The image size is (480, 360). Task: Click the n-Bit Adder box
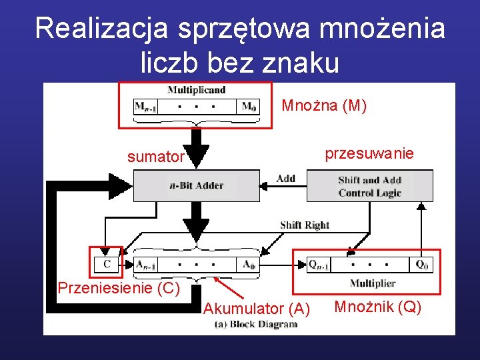(x=197, y=185)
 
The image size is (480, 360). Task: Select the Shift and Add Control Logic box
(x=369, y=186)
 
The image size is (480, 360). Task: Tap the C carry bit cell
(x=107, y=264)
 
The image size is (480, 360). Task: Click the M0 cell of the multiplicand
(x=248, y=107)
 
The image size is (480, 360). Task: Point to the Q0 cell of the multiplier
(x=421, y=264)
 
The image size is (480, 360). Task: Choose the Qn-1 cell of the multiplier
(x=319, y=264)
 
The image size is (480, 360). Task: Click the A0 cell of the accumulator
(x=249, y=264)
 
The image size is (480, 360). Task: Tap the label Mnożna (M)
(x=324, y=105)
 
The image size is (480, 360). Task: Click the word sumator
(x=155, y=157)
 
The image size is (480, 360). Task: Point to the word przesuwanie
(x=369, y=153)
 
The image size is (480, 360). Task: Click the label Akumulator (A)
(x=256, y=308)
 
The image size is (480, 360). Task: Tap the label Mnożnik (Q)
(x=377, y=307)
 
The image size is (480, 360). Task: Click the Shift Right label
(x=304, y=225)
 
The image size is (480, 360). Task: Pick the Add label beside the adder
(x=285, y=178)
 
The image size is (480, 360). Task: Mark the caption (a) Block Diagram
(x=256, y=324)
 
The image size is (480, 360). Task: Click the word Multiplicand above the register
(x=196, y=90)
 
